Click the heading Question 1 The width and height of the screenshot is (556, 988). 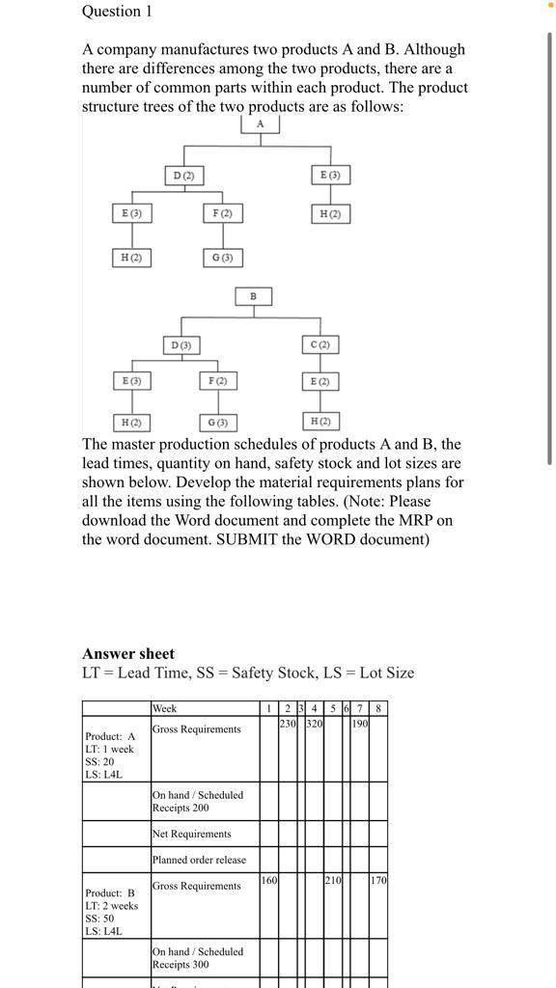117,12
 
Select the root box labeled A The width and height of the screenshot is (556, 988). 260,124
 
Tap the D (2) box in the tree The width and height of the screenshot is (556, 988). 183,176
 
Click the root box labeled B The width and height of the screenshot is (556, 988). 254,296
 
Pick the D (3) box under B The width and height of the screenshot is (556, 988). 181,344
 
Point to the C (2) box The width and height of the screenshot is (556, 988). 320,344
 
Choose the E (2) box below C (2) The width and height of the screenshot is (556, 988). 320,382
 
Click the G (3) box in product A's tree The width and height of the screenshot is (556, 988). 222,258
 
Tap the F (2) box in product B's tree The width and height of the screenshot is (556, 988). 217,382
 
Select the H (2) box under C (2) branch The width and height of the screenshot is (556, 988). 320,422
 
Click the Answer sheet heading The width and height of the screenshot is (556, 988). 128,653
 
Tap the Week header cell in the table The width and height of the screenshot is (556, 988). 165,708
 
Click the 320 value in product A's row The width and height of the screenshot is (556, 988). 315,723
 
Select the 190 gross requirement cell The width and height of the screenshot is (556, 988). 359,723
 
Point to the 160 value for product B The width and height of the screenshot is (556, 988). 269,880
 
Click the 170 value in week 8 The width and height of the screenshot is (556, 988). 378,880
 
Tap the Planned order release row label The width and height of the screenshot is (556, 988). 199,860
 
